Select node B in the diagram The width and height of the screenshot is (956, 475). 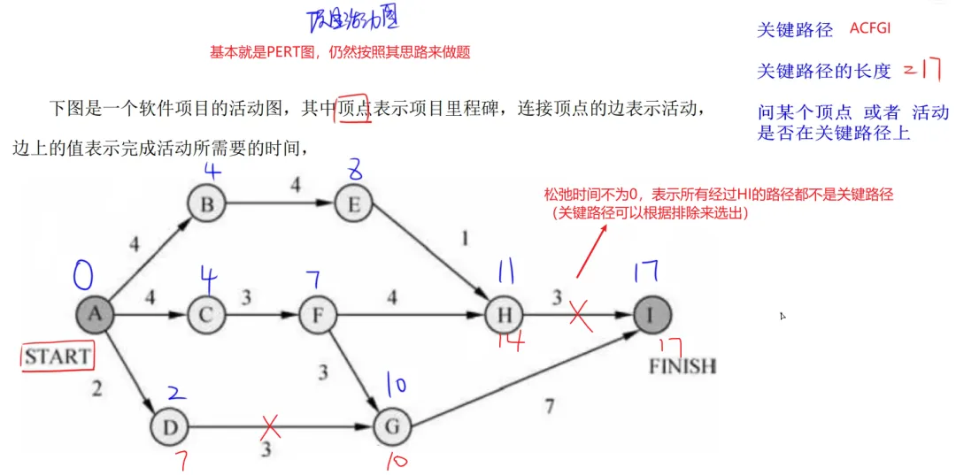tap(208, 205)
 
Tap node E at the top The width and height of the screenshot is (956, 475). tap(353, 205)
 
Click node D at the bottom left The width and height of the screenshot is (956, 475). tap(170, 428)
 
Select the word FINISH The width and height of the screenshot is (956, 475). tap(682, 365)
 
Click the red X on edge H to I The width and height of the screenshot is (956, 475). tap(581, 314)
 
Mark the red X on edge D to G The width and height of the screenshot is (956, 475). tap(269, 427)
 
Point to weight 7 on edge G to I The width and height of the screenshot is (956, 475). tap(550, 405)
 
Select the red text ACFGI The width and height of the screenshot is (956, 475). tap(870, 28)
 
